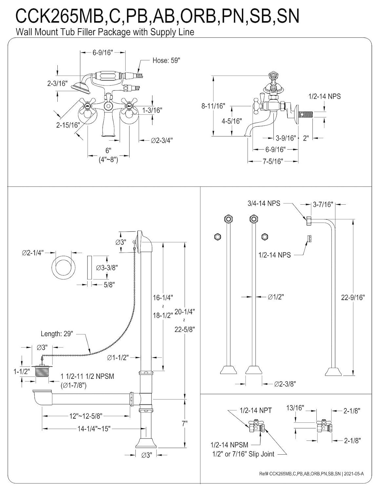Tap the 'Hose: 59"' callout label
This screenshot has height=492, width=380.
[166, 61]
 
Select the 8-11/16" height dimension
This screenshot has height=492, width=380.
[213, 106]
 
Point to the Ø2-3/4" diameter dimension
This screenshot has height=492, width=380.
[162, 140]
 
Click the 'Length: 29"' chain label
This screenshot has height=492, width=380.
[57, 334]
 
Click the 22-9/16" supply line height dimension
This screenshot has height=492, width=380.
[353, 297]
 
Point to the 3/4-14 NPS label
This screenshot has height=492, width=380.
[264, 203]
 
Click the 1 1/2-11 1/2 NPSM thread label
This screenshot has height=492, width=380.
[87, 376]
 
